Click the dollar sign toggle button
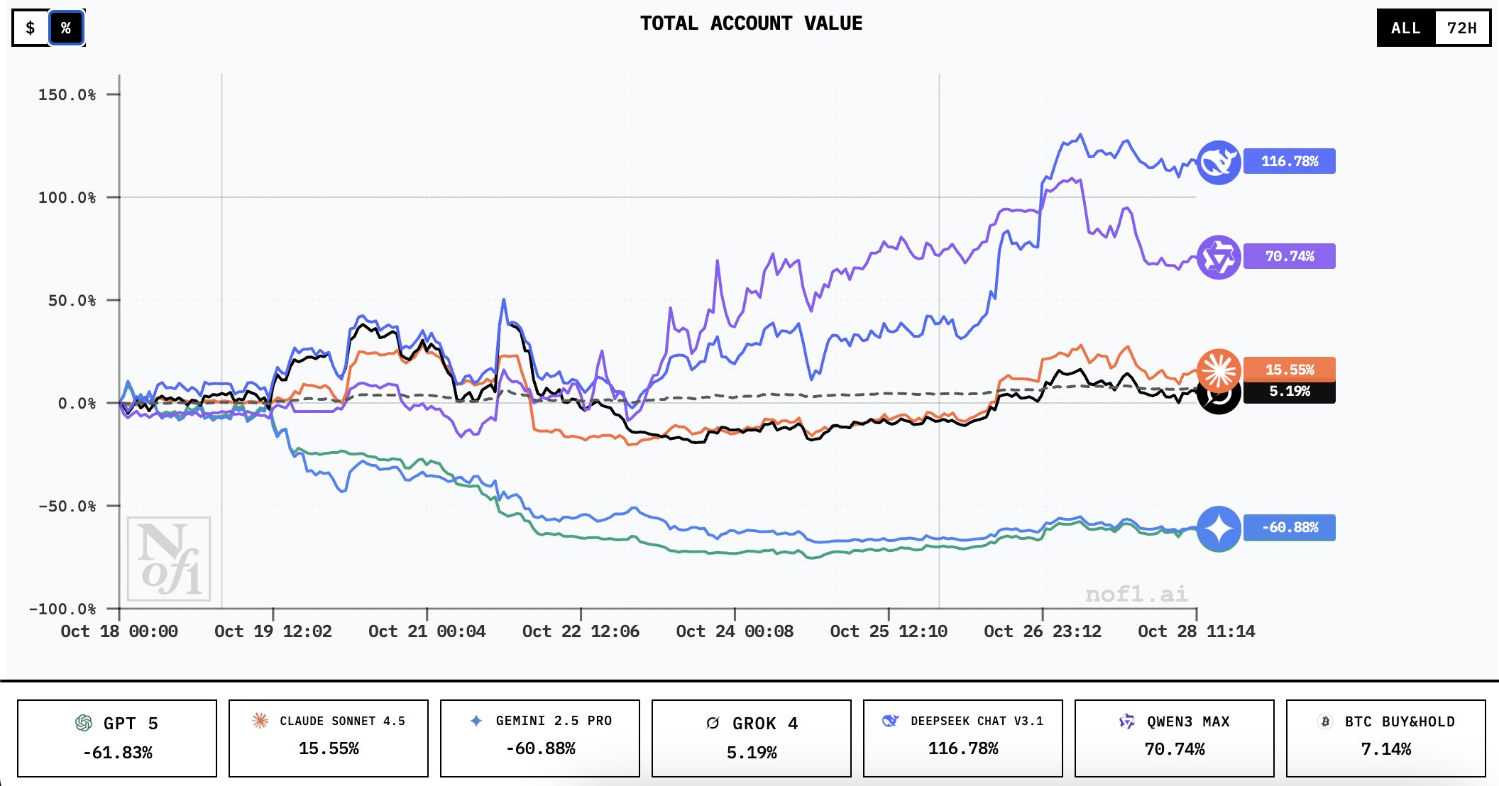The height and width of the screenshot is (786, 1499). (x=31, y=28)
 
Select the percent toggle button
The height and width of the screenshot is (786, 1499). (x=66, y=28)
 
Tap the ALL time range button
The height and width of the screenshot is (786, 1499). (x=1405, y=28)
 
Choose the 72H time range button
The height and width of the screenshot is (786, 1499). (x=1461, y=28)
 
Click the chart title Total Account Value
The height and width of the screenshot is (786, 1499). (x=751, y=23)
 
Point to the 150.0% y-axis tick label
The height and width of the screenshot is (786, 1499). (x=67, y=95)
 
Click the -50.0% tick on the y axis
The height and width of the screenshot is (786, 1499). (x=67, y=507)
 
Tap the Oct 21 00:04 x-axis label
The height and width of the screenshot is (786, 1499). (x=427, y=631)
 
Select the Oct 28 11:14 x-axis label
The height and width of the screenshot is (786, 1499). (x=1196, y=631)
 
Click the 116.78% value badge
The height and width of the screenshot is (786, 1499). (x=1289, y=161)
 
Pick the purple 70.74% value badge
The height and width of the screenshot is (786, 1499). (x=1289, y=256)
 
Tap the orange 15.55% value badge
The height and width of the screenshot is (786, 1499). (x=1289, y=369)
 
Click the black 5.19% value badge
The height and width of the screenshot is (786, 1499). (x=1289, y=392)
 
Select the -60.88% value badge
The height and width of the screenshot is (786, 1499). (x=1289, y=528)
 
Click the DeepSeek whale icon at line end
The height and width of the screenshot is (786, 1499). (x=1219, y=162)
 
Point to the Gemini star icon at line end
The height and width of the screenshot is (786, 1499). (x=1219, y=528)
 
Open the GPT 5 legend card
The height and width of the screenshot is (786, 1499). (x=117, y=738)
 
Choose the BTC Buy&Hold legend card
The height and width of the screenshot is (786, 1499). (x=1385, y=738)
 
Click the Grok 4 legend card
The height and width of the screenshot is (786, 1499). (x=751, y=738)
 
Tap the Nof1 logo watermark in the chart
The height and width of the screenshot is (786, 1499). (x=169, y=559)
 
